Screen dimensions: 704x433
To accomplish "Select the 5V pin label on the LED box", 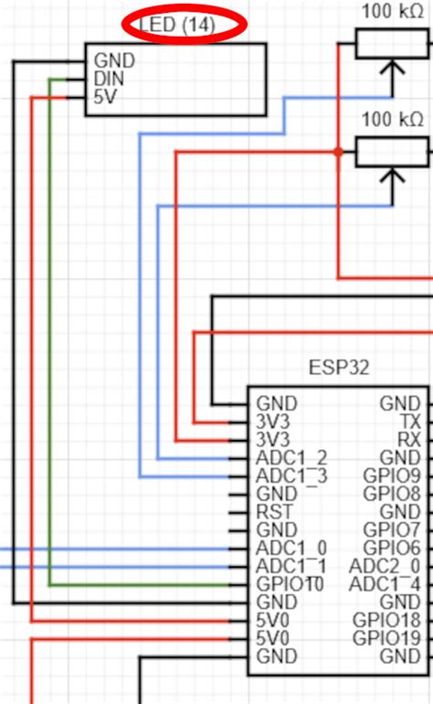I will point(105,98).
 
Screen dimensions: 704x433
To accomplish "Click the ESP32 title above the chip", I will point(337,369).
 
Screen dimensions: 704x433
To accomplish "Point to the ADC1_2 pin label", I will point(290,457).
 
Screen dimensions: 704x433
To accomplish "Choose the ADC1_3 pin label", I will point(290,475).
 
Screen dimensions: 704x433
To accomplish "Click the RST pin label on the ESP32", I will point(273,511).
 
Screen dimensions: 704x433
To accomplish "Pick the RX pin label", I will point(410,439).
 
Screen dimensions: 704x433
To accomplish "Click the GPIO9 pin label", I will point(391,475).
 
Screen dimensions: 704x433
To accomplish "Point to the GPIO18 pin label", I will point(387,620).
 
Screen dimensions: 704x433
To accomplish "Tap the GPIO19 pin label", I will point(387,637).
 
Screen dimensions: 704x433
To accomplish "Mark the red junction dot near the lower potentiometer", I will point(338,153).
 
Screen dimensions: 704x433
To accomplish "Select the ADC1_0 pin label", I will point(290,548).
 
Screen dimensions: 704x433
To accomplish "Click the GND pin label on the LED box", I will point(114,61).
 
